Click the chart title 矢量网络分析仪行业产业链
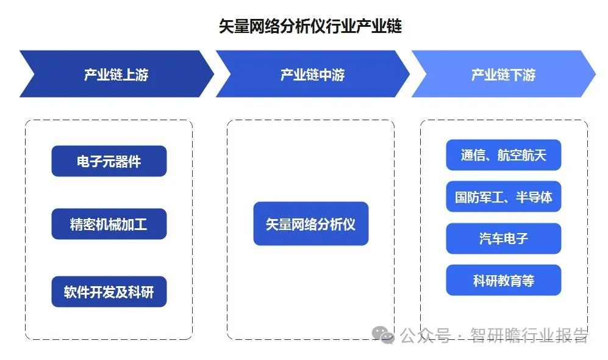(310, 26)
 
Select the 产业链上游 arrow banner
(116, 74)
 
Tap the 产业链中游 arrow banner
(312, 74)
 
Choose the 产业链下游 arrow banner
(503, 74)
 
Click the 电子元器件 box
(109, 161)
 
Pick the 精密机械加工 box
(109, 224)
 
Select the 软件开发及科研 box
(109, 292)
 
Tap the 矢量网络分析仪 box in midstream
(311, 223)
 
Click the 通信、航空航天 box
(504, 155)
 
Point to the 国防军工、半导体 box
(504, 196)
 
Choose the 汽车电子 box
(504, 239)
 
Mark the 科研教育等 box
(504, 280)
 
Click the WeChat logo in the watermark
(383, 335)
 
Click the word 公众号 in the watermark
(426, 335)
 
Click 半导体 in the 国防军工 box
(534, 197)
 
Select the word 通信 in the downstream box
(473, 155)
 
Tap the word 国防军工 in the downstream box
(479, 197)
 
